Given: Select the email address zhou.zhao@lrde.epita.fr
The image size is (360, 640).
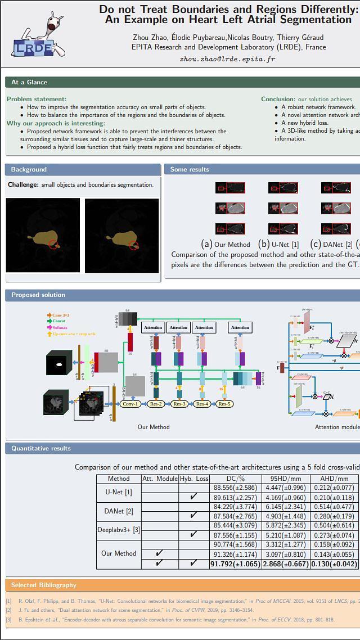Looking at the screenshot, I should coord(227,59).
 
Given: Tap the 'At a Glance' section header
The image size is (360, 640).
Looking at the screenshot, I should coord(29,82).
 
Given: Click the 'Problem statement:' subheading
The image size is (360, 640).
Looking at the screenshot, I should coord(37,99).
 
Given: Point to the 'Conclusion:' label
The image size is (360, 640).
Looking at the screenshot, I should coord(278,99).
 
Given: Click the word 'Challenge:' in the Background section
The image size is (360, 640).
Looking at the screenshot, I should coord(23,184).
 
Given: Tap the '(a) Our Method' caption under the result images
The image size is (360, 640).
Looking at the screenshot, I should coord(226,244).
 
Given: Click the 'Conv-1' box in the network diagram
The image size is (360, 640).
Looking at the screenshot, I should coord(130,404).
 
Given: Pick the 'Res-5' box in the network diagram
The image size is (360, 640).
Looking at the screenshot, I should coord(224,404).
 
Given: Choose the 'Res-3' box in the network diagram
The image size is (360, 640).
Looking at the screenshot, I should coord(179,404).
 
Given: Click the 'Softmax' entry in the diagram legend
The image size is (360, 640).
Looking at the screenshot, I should coord(60,327).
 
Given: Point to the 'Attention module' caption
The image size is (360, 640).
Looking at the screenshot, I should coord(337,427).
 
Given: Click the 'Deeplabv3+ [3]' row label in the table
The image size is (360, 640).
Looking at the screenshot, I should coord(119,530).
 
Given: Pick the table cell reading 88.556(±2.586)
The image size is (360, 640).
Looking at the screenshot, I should coord(235,488).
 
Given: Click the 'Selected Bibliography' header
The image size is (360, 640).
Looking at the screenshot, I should coord(43,585).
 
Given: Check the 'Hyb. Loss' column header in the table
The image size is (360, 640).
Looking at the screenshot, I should coord(193,479).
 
